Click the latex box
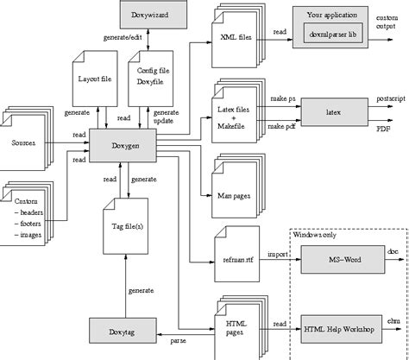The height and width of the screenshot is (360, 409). [333, 112]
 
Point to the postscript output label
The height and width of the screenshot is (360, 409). [391, 99]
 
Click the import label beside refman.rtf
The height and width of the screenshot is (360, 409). [278, 254]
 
